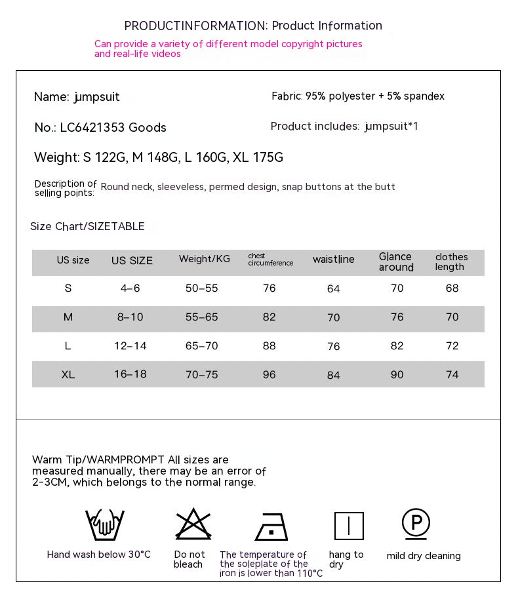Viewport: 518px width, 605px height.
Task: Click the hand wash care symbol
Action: click(x=105, y=524)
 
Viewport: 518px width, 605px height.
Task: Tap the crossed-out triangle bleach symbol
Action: click(x=193, y=524)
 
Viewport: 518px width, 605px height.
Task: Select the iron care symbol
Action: click(x=271, y=526)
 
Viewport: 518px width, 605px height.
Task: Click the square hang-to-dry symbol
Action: click(x=349, y=526)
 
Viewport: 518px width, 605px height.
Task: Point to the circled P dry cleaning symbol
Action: click(x=416, y=524)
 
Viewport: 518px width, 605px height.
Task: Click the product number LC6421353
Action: click(x=92, y=128)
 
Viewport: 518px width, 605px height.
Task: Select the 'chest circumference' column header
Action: click(x=270, y=260)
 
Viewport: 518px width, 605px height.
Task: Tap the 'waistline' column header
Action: click(x=333, y=260)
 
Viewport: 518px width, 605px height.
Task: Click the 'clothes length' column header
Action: click(x=451, y=262)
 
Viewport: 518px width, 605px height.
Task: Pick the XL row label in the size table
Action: click(x=68, y=375)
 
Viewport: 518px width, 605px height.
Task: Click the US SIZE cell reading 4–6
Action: click(x=129, y=288)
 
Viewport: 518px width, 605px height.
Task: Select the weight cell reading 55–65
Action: click(x=201, y=317)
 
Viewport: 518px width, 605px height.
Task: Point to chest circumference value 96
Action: click(x=269, y=375)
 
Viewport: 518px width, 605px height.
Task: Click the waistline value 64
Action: click(x=333, y=289)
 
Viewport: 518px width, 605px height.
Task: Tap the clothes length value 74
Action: click(x=452, y=375)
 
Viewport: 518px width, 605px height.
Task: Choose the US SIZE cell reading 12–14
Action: click(x=130, y=346)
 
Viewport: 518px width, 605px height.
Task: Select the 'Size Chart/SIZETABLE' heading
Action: click(x=87, y=227)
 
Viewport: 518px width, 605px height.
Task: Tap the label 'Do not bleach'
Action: click(x=189, y=559)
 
